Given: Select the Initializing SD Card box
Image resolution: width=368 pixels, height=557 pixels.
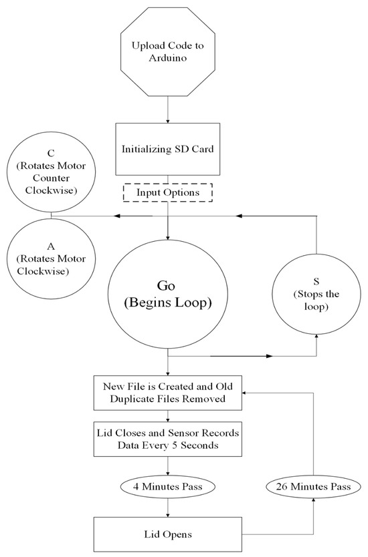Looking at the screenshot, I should pyautogui.click(x=167, y=148).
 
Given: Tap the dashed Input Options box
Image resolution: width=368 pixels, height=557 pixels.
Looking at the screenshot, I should pyautogui.click(x=167, y=192).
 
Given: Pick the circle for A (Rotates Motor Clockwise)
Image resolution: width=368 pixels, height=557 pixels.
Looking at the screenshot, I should pyautogui.click(x=52, y=258).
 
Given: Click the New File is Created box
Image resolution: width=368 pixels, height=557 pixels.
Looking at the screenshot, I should pyautogui.click(x=167, y=393).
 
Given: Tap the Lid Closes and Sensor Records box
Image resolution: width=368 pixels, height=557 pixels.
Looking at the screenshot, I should pyautogui.click(x=167, y=438).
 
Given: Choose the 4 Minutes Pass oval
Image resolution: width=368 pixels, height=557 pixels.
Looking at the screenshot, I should pyautogui.click(x=167, y=487).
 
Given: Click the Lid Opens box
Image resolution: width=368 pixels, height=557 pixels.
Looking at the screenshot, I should pyautogui.click(x=167, y=535).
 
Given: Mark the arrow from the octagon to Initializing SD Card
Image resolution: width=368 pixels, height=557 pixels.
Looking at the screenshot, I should pyautogui.click(x=167, y=114).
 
